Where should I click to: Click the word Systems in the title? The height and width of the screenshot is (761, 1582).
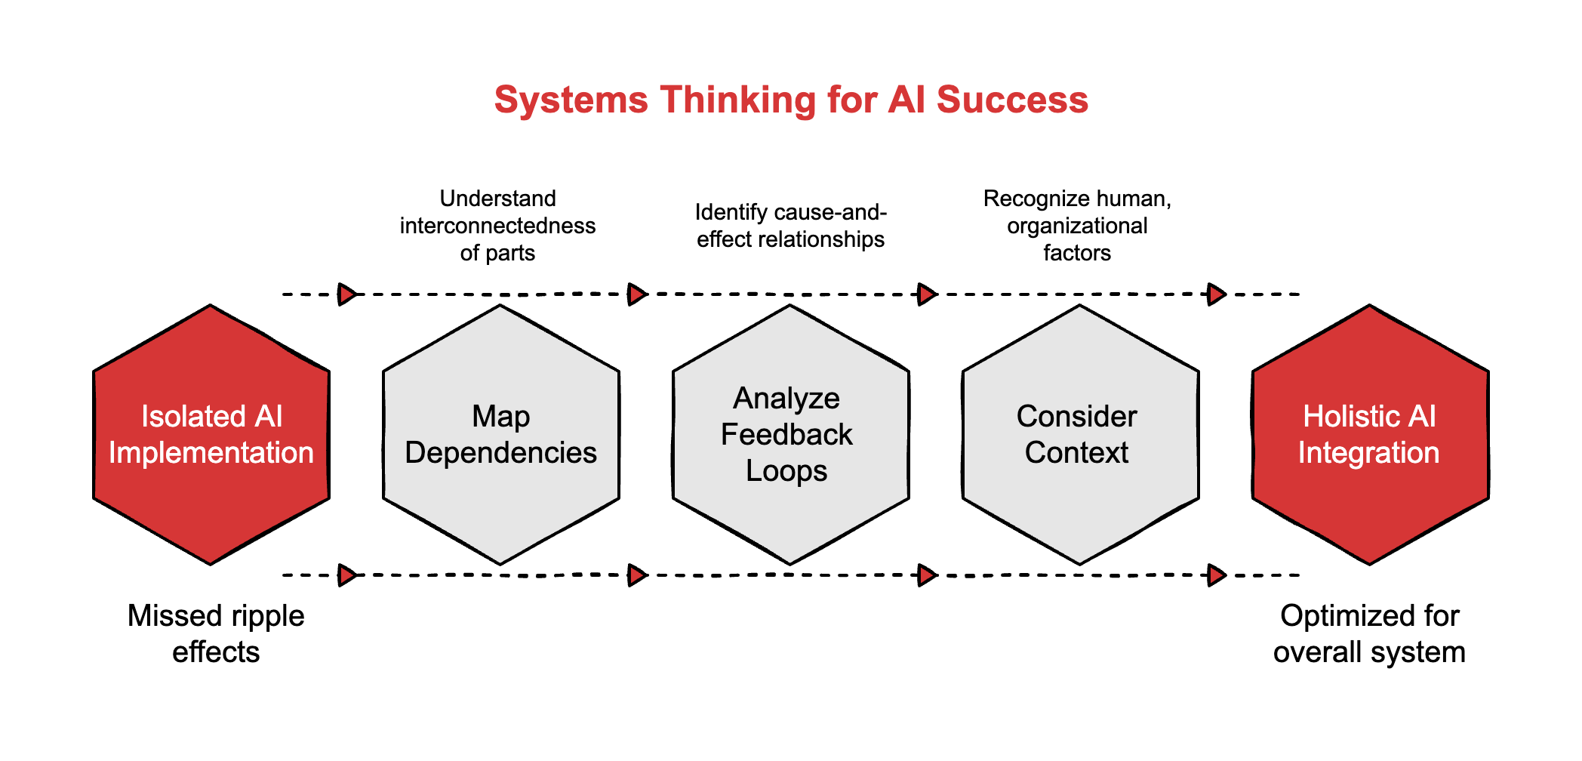pyautogui.click(x=571, y=100)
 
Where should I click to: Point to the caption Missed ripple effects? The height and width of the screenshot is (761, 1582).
pyautogui.click(x=216, y=633)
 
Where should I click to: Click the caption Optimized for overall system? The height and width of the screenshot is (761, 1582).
pyautogui.click(x=1369, y=633)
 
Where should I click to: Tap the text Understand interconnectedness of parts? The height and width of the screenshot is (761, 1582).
pyautogui.click(x=497, y=226)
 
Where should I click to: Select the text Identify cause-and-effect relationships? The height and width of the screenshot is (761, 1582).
pyautogui.click(x=790, y=226)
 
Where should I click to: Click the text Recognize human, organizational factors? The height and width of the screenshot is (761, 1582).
pyautogui.click(x=1077, y=226)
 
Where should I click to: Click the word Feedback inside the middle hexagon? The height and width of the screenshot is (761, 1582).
pyautogui.click(x=786, y=435)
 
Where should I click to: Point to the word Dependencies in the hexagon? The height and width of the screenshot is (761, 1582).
pyautogui.click(x=500, y=453)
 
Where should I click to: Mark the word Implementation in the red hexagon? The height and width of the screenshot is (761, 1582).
pyautogui.click(x=211, y=453)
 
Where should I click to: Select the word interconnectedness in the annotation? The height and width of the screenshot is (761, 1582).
pyautogui.click(x=497, y=226)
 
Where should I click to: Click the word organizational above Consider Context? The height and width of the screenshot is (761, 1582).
pyautogui.click(x=1077, y=226)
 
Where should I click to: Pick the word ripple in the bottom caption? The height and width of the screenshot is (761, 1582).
pyautogui.click(x=265, y=616)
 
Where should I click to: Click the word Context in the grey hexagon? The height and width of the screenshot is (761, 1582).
pyautogui.click(x=1076, y=453)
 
